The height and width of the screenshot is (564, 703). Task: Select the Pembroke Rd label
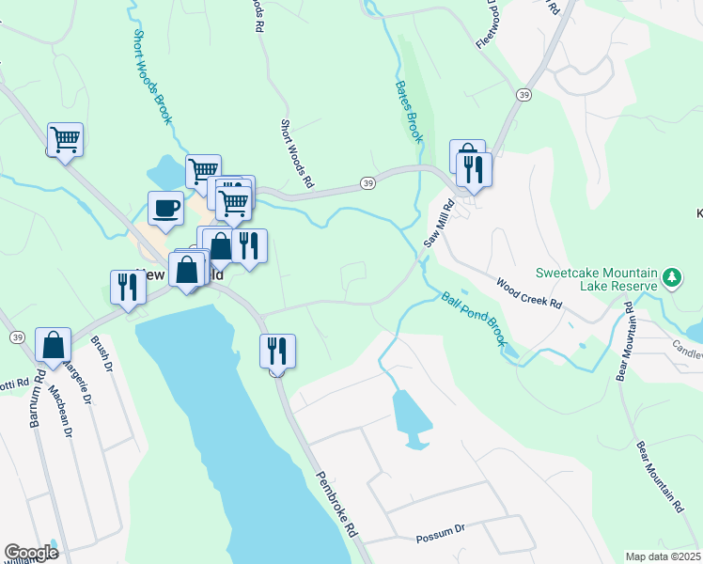coord(337,504)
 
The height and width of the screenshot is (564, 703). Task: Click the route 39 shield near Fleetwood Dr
coord(523,95)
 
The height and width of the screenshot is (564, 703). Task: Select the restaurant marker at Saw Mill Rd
coord(475,169)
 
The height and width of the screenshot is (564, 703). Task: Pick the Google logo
coord(31,553)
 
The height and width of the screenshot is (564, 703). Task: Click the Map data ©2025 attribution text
coord(664,556)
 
